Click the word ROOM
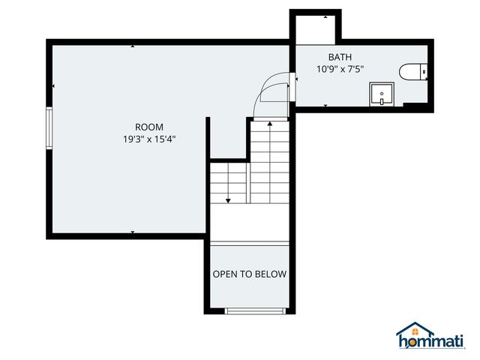[149, 127]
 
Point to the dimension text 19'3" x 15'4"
[149, 139]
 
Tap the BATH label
[340, 57]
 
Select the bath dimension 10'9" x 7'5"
[340, 69]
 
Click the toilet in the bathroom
[412, 72]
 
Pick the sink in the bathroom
[381, 95]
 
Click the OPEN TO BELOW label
[249, 274]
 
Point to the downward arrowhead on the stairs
[229, 200]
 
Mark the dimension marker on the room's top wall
[133, 46]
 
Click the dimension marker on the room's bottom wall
[133, 233]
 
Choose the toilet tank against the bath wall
[424, 72]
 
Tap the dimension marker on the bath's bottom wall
[325, 106]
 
